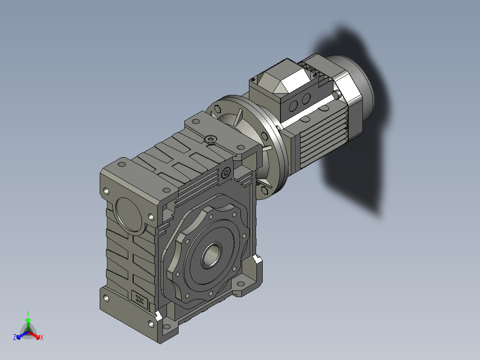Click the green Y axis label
click(28, 314)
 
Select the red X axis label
click(42, 337)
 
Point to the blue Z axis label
click(15, 337)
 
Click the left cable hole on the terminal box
click(293, 106)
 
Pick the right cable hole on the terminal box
click(306, 98)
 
